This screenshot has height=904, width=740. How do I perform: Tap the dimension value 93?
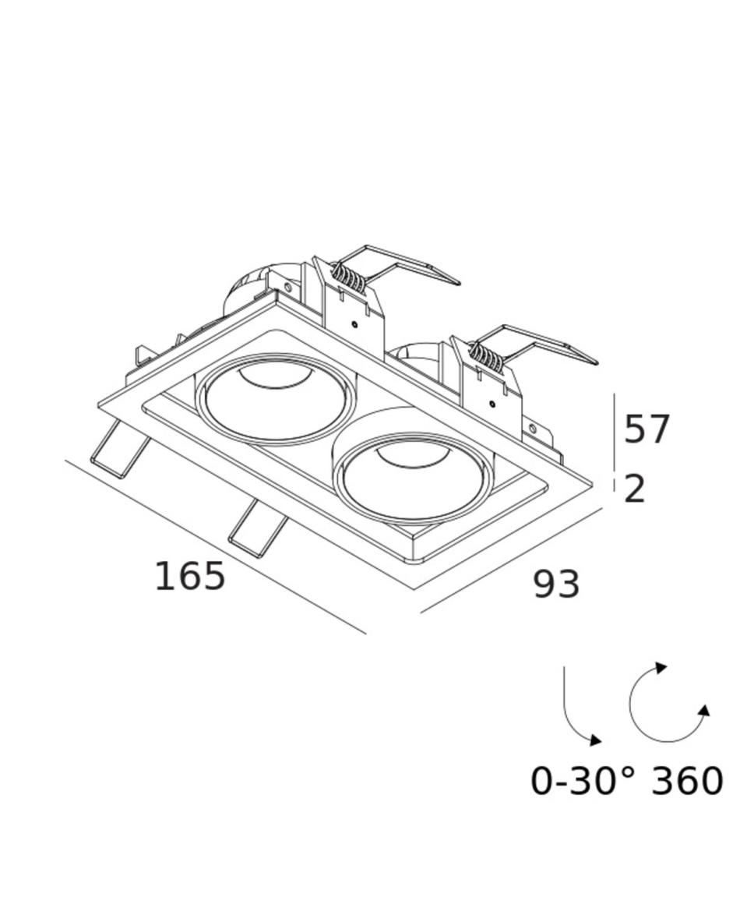pyautogui.click(x=556, y=584)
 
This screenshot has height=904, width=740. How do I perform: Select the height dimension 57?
pyautogui.click(x=647, y=429)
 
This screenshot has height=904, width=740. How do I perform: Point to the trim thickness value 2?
pyautogui.click(x=635, y=489)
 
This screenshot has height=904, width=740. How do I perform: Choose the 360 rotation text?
pyautogui.click(x=687, y=782)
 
